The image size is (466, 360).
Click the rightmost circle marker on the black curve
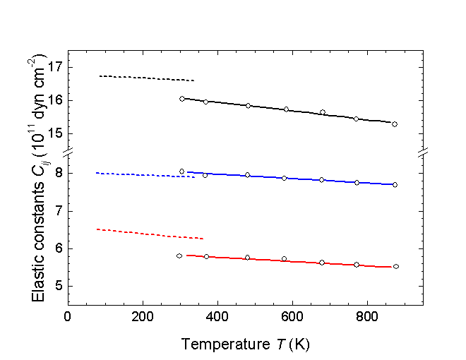click(394, 124)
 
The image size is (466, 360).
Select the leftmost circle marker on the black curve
click(182, 99)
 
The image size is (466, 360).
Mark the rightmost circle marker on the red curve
click(395, 266)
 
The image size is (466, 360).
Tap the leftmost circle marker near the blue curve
click(181, 172)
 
